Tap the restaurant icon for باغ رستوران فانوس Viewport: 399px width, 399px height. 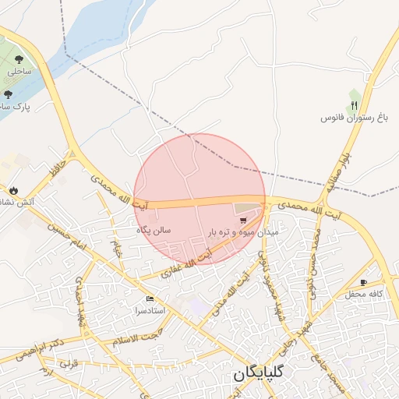click(355, 104)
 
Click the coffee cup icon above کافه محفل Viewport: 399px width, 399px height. click(363, 282)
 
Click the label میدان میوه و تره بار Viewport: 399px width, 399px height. click(243, 232)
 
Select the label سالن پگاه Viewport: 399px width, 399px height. click(154, 230)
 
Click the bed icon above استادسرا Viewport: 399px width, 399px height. click(150, 299)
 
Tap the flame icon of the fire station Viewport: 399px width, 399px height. click(13, 190)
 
